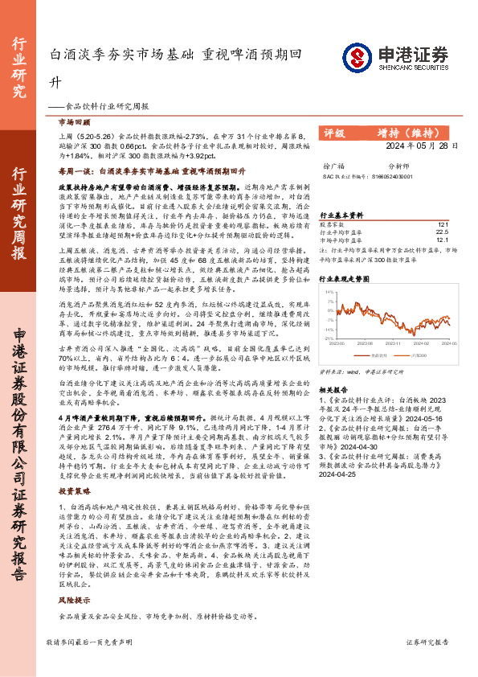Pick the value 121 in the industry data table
pos(442,225)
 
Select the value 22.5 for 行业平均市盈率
pos(441,232)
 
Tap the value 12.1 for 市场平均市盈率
pos(441,240)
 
